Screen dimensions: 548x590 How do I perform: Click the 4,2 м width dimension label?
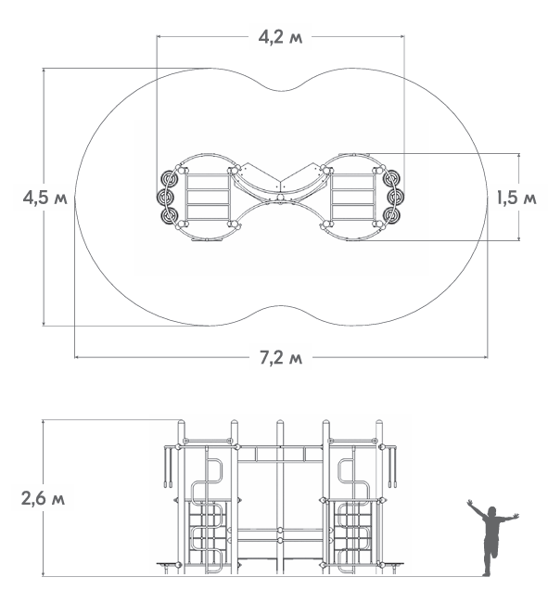[280, 37]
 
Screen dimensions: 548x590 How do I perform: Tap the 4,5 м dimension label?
[45, 198]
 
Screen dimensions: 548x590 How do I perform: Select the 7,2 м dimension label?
[281, 357]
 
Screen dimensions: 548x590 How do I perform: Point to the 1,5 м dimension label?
[516, 198]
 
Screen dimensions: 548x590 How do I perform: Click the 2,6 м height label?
[43, 498]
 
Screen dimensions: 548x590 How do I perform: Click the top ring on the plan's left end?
[169, 178]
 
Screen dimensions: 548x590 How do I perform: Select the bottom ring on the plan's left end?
[169, 215]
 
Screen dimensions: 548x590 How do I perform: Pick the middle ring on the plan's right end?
[395, 197]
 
